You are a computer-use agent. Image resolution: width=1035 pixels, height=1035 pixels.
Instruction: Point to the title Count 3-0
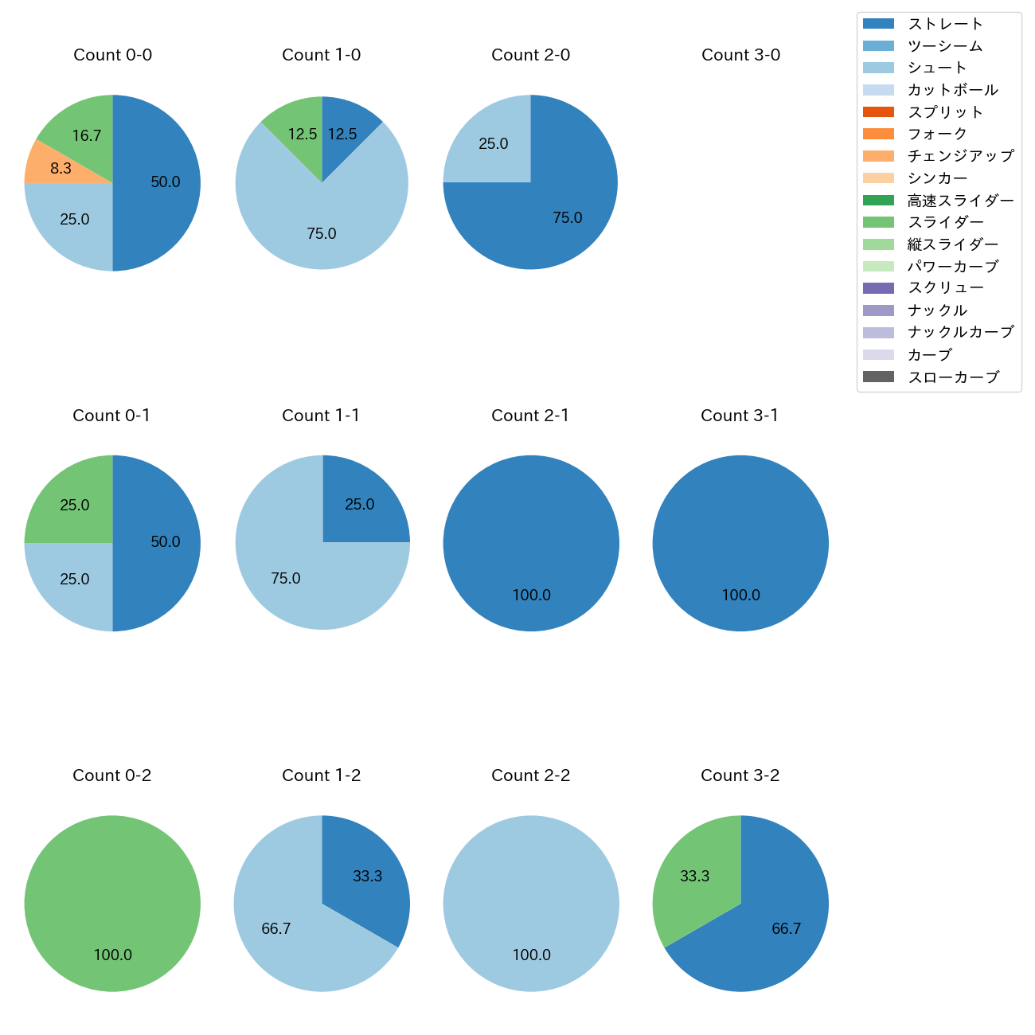[x=740, y=55]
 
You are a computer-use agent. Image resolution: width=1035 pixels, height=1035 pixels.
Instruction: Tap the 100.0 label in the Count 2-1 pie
[x=531, y=595]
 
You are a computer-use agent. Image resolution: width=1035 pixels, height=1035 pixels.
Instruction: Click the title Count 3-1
[x=740, y=416]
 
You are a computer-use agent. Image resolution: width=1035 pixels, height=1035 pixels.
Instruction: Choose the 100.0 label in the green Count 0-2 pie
[x=112, y=955]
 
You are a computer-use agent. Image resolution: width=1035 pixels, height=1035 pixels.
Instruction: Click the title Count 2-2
[x=530, y=775]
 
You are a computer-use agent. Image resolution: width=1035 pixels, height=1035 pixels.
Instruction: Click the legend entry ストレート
[x=945, y=24]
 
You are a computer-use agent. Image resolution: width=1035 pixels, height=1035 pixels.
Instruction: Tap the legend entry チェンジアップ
[x=960, y=156]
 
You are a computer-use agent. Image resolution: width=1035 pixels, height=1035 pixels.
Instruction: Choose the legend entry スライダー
[x=945, y=222]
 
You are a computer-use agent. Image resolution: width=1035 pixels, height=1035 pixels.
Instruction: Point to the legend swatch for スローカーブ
[x=878, y=377]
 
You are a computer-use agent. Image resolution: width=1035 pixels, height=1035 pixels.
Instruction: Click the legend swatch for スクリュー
[x=878, y=288]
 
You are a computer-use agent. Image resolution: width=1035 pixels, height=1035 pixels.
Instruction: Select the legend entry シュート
[x=937, y=68]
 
